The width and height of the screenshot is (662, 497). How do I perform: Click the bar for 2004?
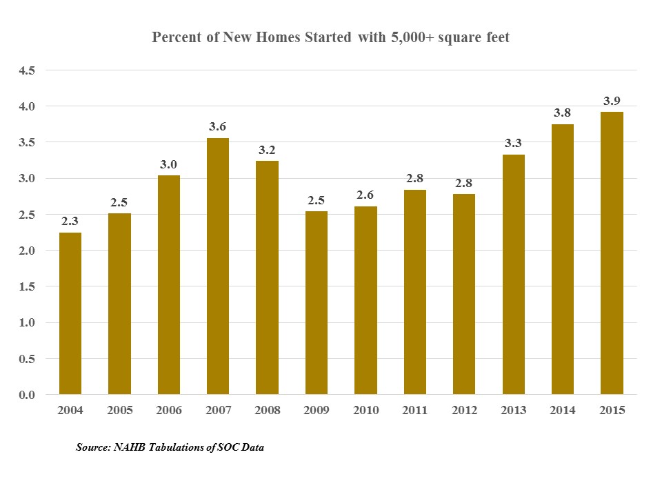(x=70, y=313)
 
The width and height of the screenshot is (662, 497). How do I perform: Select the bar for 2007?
(x=218, y=266)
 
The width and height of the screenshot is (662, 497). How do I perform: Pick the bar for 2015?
(x=612, y=253)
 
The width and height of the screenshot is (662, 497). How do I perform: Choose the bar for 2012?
(x=464, y=294)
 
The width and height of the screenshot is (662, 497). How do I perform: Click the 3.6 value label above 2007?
(x=218, y=127)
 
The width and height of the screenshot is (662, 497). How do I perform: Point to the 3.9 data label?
(x=612, y=101)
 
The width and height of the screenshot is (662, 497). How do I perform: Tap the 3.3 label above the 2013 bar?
(x=513, y=144)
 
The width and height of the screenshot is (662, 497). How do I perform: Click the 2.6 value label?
(x=365, y=195)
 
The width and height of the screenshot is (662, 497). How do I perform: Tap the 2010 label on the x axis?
(x=365, y=411)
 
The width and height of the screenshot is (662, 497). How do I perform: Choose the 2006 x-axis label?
(x=169, y=411)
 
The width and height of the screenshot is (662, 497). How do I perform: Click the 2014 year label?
(x=563, y=411)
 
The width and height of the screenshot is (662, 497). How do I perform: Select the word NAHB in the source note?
(x=130, y=448)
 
